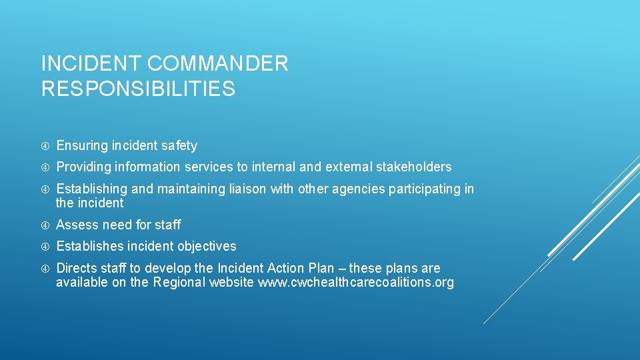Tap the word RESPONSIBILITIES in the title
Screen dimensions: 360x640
138,89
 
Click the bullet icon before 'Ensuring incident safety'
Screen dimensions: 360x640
45,145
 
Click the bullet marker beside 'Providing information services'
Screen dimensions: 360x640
45,167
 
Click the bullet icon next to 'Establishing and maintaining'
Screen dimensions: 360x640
45,189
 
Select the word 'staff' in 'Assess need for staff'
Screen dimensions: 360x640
167,225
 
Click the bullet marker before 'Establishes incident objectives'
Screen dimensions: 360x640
45,247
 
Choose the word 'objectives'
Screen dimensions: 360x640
207,247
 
